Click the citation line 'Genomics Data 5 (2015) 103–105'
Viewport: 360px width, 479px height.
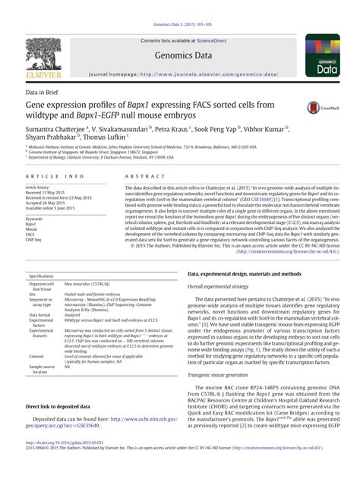click(x=179, y=5)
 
